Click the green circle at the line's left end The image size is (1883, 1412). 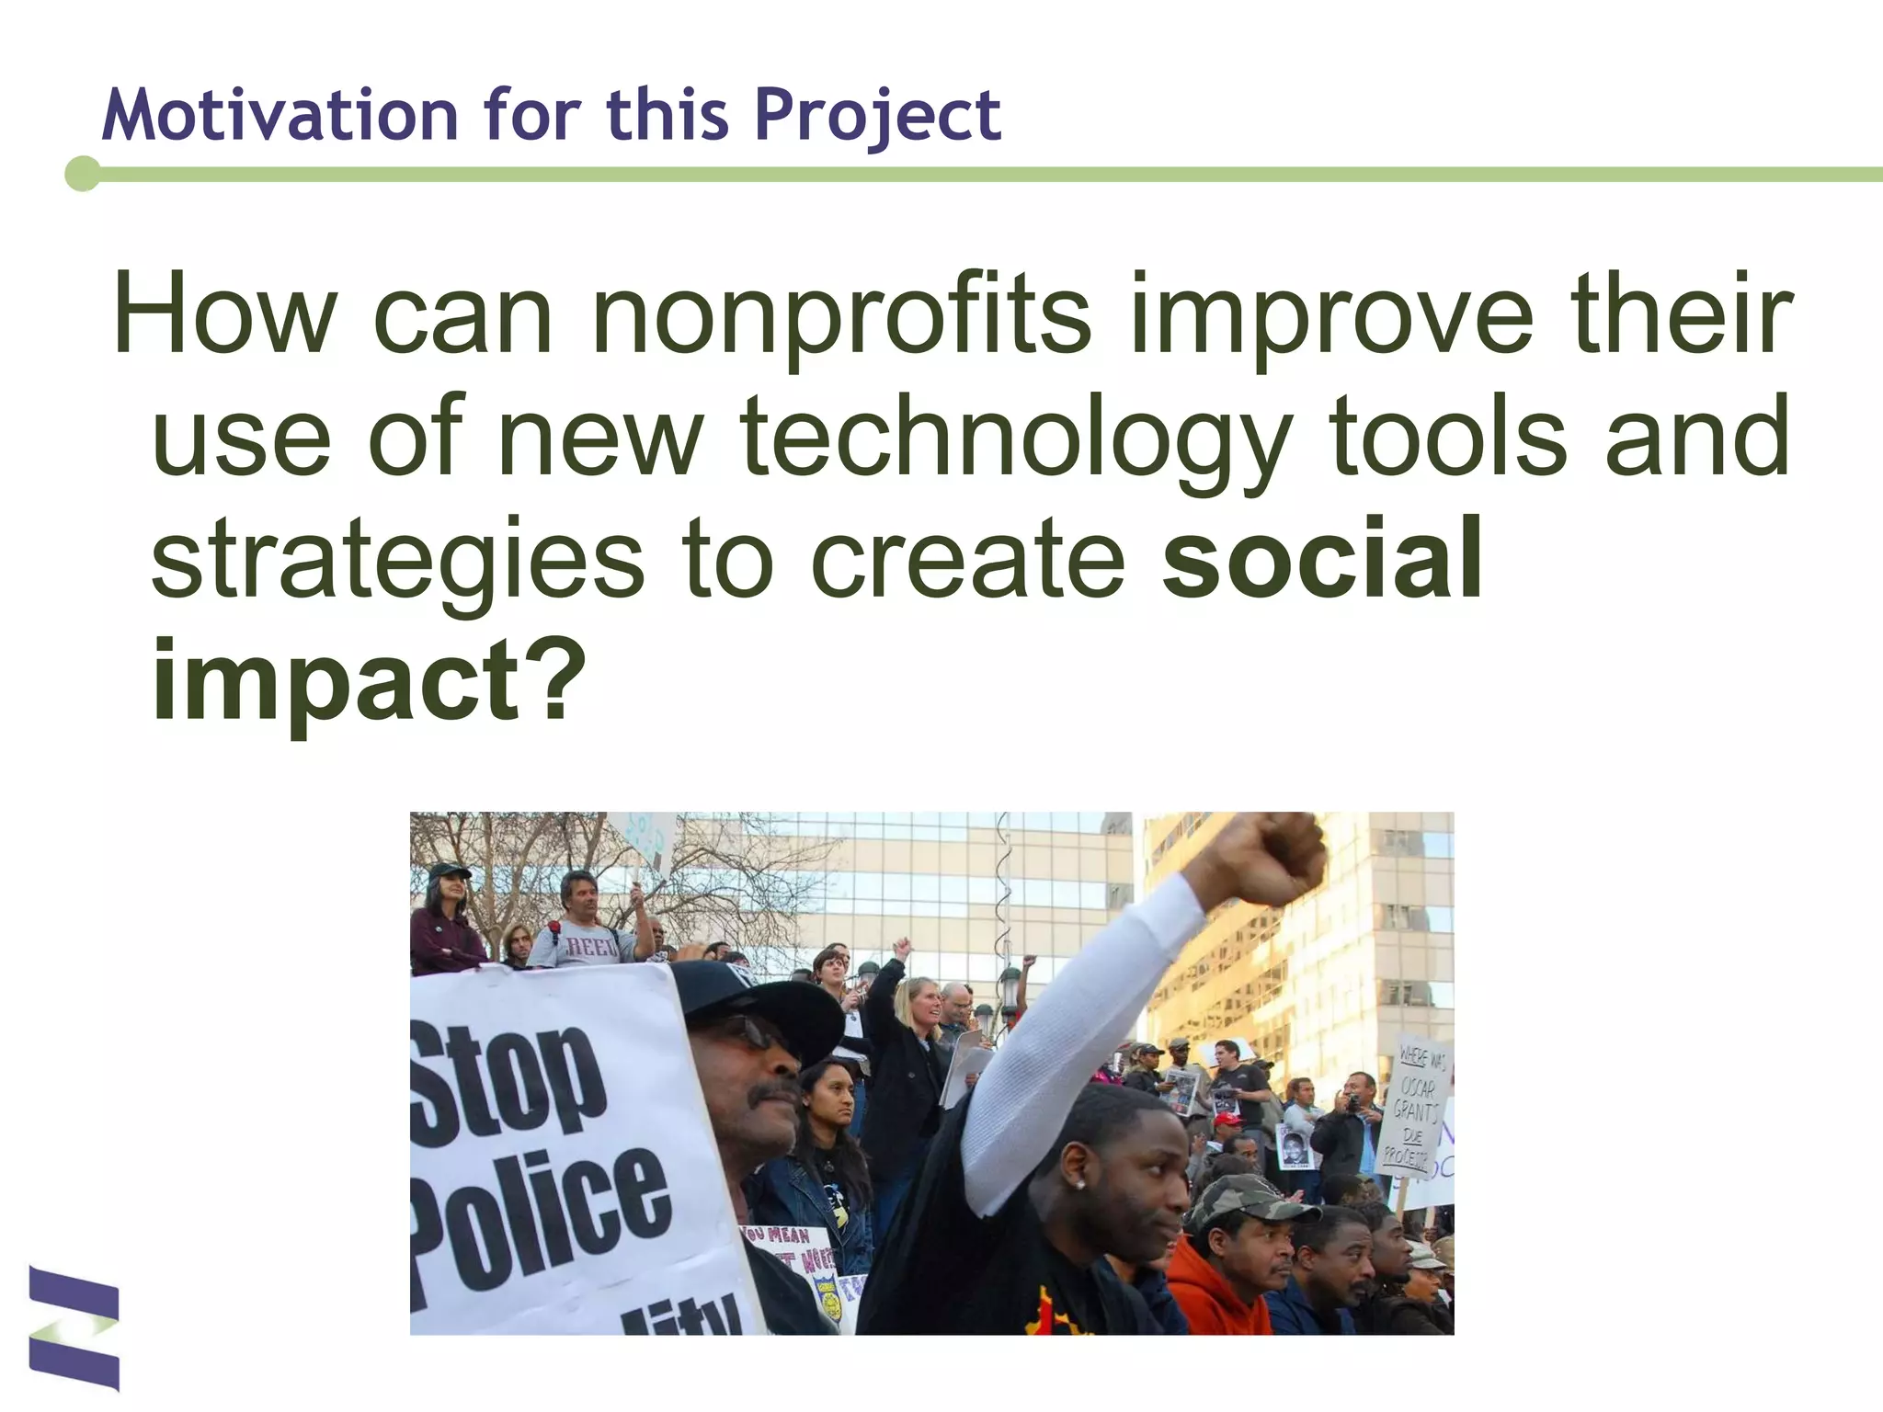coord(83,174)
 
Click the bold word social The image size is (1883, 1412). coord(1321,559)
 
